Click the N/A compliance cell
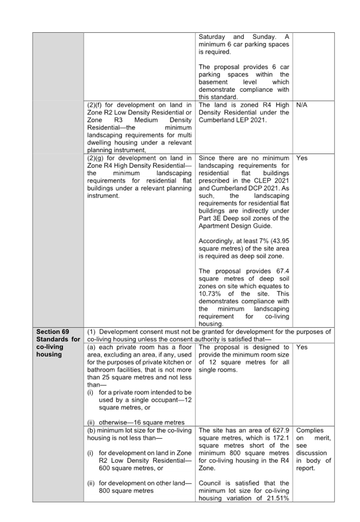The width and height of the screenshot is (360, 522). tap(302, 105)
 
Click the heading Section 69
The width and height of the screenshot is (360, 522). tap(53, 331)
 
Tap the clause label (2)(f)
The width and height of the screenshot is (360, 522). tap(95, 105)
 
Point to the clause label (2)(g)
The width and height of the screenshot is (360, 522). tap(96, 158)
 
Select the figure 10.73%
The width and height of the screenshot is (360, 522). tap(210, 293)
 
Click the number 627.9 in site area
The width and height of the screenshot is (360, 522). tap(281, 430)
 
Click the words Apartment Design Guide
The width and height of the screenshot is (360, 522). tap(235, 226)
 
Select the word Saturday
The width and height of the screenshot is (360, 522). tap(212, 36)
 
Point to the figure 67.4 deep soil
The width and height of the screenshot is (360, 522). tap(283, 271)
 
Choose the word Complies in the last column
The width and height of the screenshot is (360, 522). tap(310, 430)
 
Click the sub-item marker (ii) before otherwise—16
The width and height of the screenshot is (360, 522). tap(91, 422)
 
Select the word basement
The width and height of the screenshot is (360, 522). tap(213, 82)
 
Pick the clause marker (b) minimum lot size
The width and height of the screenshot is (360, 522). tap(91, 430)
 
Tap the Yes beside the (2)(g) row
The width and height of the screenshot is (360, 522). tap(302, 158)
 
